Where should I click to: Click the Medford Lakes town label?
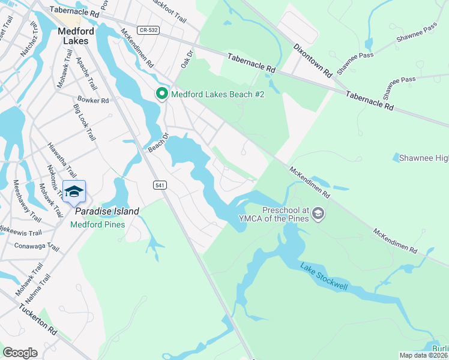coord(77,36)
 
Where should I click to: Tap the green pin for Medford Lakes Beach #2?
coord(161,94)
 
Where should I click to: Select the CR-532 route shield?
coord(147,29)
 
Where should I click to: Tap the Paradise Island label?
coord(107,211)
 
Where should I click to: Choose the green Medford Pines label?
coord(97,225)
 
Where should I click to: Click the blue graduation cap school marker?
coord(74,191)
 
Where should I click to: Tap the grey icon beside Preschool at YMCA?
coord(318,214)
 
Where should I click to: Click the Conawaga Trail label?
coord(37,247)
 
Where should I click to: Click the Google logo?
coord(20,353)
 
